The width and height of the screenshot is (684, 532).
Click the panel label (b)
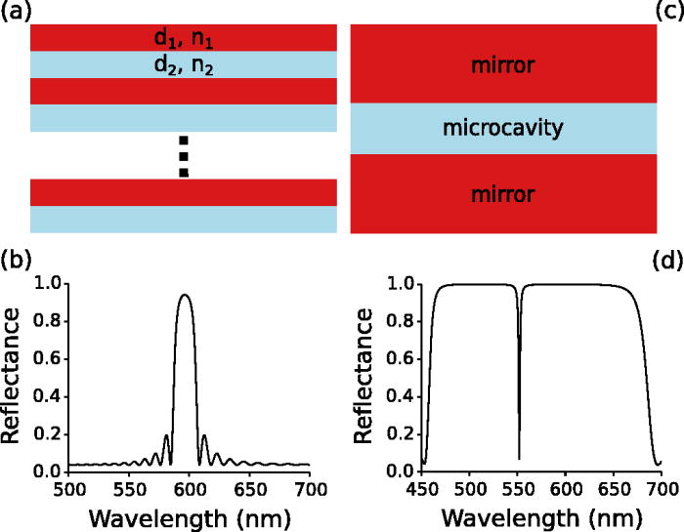tap(15, 261)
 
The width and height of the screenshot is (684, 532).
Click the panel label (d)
tap(668, 261)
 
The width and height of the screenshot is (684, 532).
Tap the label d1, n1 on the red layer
tap(184, 39)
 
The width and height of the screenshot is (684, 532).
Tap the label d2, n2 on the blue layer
tap(184, 65)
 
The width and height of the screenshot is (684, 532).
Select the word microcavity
tap(503, 128)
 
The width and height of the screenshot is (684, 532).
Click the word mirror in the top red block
tap(503, 66)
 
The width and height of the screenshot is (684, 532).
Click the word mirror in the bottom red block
tap(503, 194)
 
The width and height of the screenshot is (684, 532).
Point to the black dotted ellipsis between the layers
tap(183, 156)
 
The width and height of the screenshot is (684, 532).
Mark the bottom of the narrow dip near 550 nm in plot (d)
tap(518, 458)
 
